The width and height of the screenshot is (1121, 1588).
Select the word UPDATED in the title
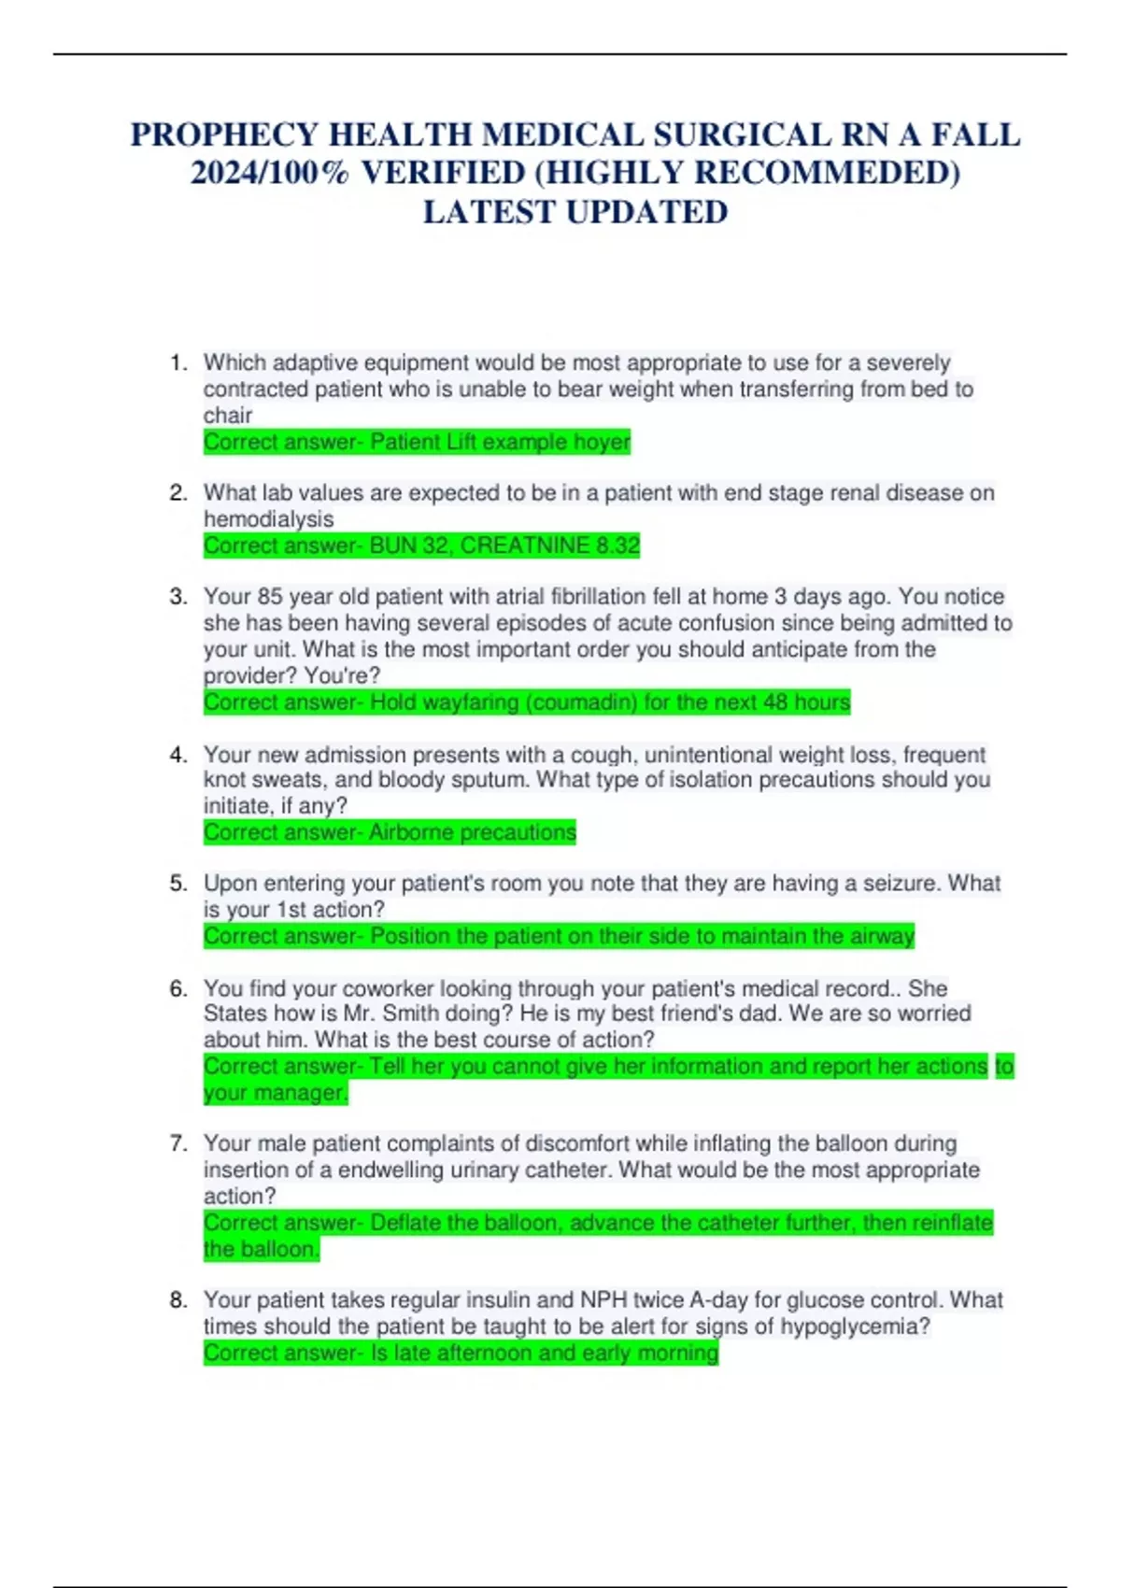point(646,213)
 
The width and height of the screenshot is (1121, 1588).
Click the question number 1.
point(178,362)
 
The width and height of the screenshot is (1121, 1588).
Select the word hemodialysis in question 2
point(268,519)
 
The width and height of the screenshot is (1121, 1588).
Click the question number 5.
point(178,884)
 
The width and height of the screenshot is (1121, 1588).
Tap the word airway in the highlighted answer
point(883,936)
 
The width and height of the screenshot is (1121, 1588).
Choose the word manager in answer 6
point(308,1093)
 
